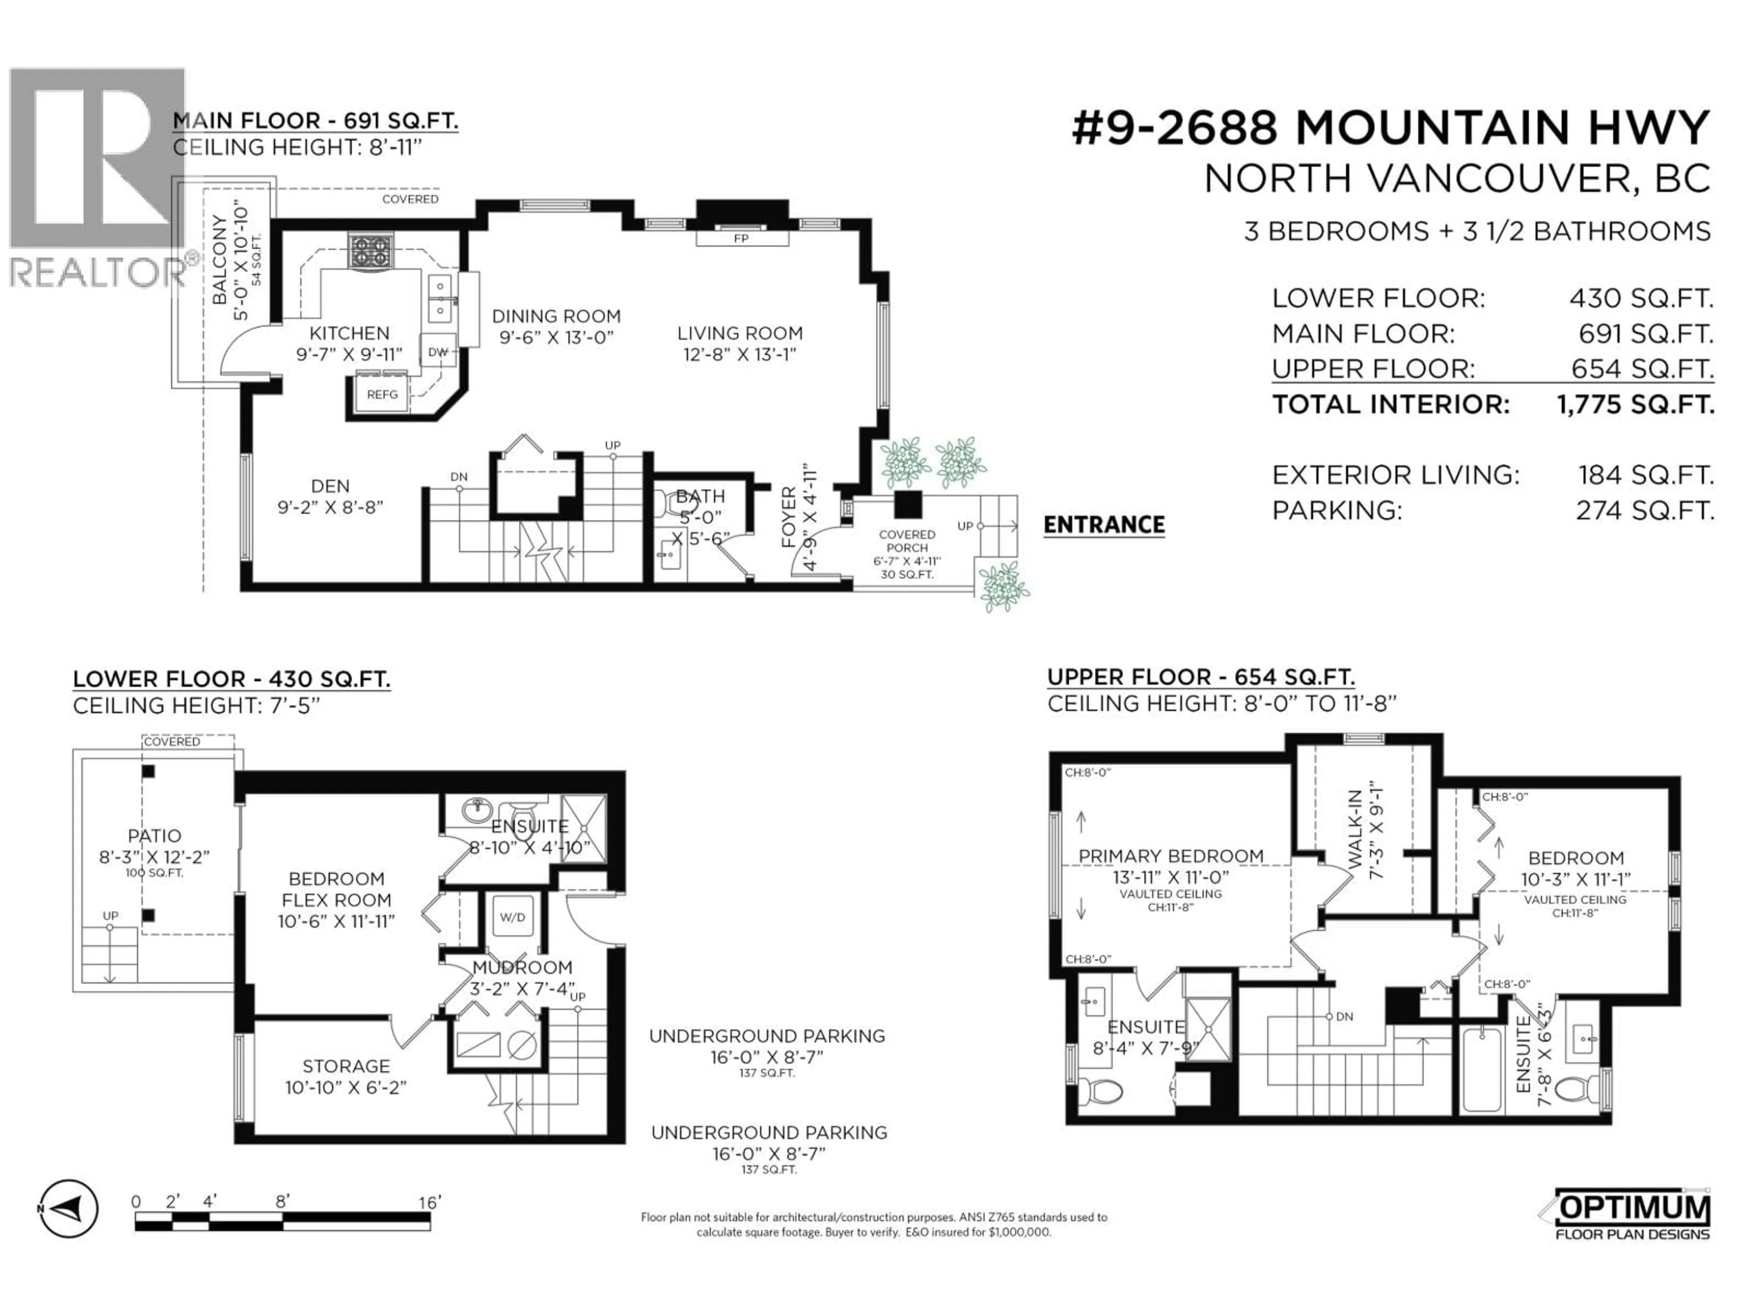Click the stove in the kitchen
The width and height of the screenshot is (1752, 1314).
[370, 252]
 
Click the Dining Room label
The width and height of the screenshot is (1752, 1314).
[556, 317]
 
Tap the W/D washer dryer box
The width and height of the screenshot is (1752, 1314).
[511, 917]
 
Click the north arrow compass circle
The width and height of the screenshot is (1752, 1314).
[70, 1209]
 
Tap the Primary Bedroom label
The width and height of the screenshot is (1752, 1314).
[1171, 856]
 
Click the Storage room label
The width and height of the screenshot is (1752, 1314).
[346, 1066]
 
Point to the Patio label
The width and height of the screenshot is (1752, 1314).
[155, 835]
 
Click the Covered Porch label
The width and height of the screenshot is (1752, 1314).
[907, 541]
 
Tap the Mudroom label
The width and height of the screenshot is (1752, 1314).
[522, 968]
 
